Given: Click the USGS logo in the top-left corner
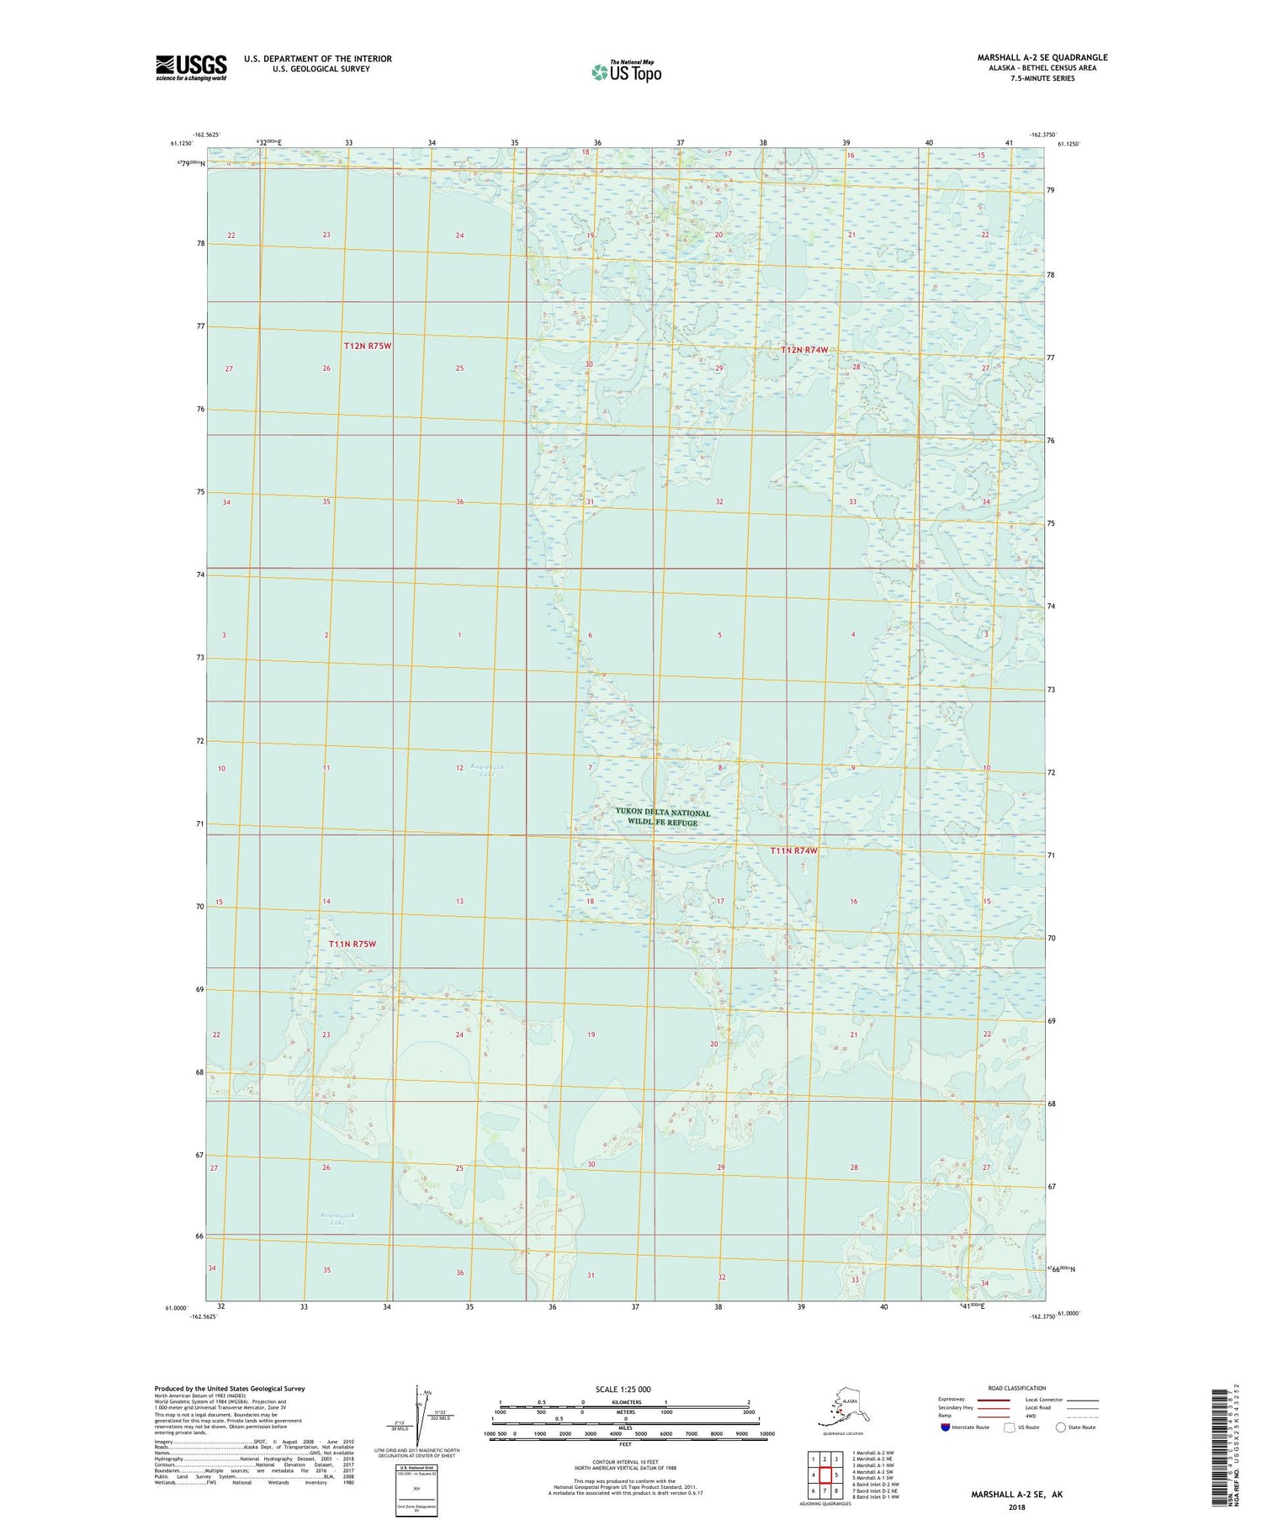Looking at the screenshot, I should pos(191,67).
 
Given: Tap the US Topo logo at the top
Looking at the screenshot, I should pos(627,71).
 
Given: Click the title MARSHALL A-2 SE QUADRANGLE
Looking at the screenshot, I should pos(1042,57).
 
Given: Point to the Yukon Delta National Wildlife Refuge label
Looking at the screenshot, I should pos(662,817).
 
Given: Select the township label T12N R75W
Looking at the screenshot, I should pos(368,346).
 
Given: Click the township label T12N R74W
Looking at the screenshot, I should pos(804,350).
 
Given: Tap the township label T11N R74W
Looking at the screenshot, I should pos(793,850).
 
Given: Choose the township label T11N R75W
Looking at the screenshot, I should pos(352,944).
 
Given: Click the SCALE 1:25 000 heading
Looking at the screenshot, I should pos(622,1389).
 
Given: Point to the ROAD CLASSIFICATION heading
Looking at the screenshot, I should pos(1016,1388).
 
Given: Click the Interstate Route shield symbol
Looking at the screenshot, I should pos(946,1427).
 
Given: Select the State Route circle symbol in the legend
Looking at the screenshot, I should pos(1061,1427).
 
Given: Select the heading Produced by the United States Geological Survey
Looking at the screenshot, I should pos(229,1389).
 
